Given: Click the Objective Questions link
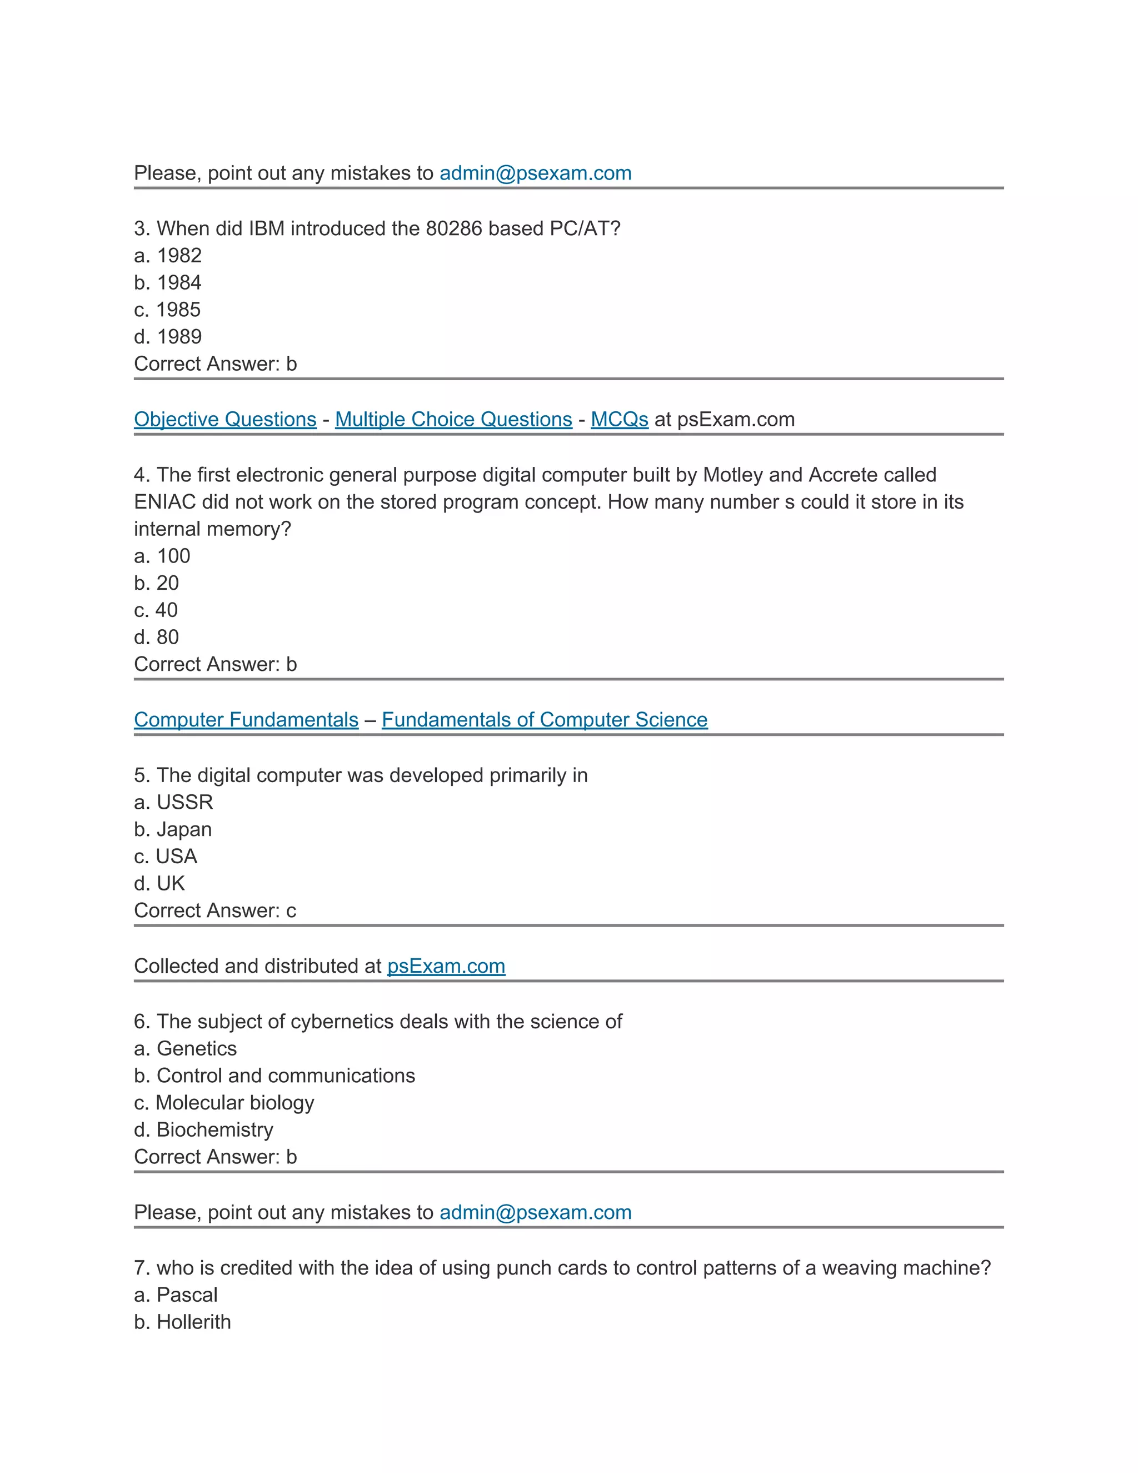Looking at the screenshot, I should tap(225, 420).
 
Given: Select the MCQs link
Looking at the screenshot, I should tap(619, 420).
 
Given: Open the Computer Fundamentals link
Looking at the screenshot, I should tap(246, 720).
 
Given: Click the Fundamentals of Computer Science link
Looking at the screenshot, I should tap(544, 720).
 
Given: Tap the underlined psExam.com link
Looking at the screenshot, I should tap(446, 966).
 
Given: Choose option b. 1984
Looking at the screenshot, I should tap(168, 282).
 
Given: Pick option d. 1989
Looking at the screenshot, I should tap(168, 336).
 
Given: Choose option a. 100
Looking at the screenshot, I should tap(162, 556).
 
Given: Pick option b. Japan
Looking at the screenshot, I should tap(173, 829).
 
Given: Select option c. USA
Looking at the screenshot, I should tap(166, 856).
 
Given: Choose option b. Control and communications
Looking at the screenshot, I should tap(274, 1075).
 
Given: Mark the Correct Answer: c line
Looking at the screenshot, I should tap(215, 910).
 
